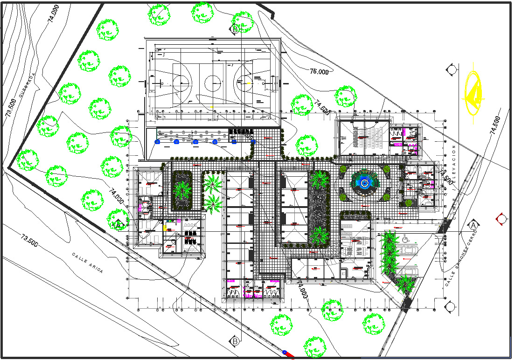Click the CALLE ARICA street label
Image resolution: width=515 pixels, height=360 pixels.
click(87, 263)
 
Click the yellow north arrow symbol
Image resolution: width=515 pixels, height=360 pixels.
click(473, 93)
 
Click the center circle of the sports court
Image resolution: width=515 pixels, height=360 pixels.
click(212, 84)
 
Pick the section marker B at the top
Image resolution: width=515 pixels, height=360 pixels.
click(235, 30)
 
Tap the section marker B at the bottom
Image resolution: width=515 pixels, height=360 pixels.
click(235, 341)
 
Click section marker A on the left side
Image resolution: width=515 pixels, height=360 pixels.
click(118, 224)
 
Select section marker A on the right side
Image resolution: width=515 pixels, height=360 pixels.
click(473, 225)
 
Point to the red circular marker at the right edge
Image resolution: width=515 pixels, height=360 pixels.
click(502, 218)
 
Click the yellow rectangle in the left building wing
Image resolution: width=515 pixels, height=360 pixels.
click(165, 228)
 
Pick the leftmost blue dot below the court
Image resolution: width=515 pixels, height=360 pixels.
click(158, 141)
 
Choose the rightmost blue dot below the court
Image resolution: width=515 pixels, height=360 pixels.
click(253, 141)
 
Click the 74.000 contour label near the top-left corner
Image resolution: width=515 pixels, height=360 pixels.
click(53, 14)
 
